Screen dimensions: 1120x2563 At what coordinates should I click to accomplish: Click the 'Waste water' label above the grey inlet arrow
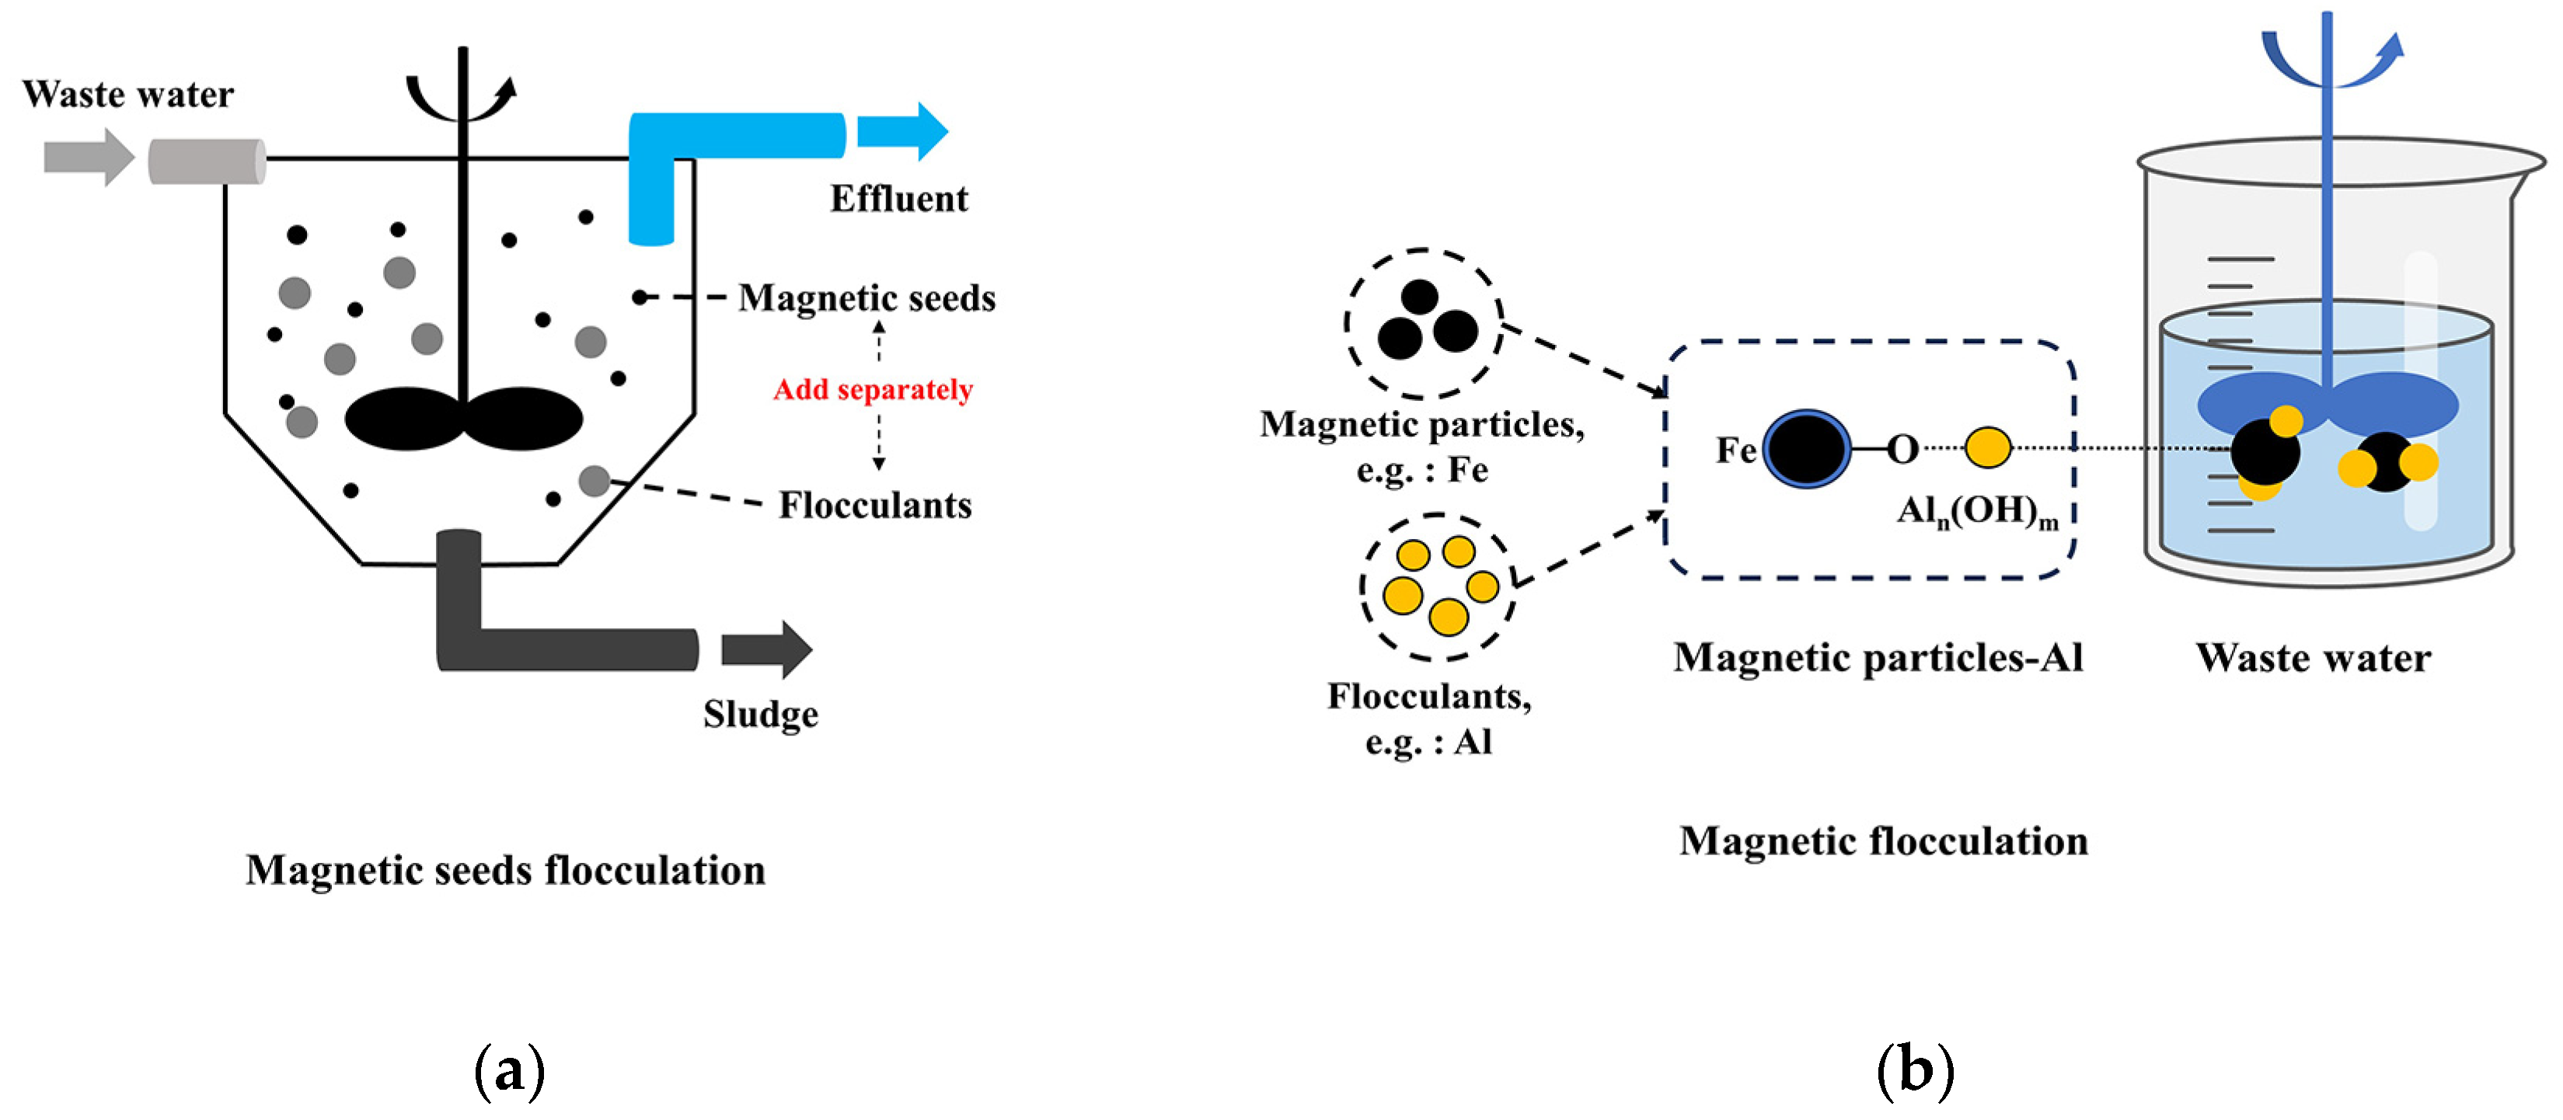point(127,95)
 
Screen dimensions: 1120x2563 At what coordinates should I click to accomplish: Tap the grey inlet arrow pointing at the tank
point(89,157)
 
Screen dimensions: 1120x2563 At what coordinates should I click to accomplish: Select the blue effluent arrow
point(901,131)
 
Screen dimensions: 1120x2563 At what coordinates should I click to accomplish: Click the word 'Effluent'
point(898,199)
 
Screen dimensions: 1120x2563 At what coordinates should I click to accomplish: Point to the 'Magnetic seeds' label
point(867,298)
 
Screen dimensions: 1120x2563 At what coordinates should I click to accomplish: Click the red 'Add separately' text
point(873,390)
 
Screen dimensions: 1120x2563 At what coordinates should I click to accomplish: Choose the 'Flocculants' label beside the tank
point(874,506)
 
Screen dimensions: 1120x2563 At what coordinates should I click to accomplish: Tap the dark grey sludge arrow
point(766,649)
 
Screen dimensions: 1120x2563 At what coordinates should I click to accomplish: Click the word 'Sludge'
point(760,714)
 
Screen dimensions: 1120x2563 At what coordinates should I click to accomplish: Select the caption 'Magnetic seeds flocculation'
point(505,871)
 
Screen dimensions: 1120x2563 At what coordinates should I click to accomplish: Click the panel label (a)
point(510,1071)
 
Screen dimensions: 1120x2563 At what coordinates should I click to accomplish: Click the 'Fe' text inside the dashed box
point(1735,450)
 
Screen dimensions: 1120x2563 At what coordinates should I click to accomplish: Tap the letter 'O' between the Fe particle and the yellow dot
point(1902,450)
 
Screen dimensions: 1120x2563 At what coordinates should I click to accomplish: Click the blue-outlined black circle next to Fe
point(1807,449)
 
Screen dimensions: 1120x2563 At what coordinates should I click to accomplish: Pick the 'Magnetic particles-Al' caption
point(1878,658)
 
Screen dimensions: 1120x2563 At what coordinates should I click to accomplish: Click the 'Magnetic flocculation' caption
point(1882,841)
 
